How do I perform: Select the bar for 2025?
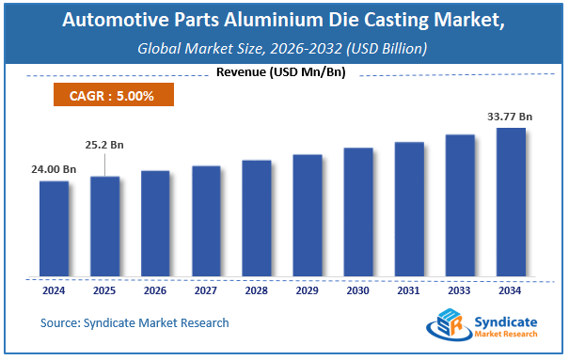click(x=104, y=227)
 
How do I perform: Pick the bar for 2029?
click(x=308, y=215)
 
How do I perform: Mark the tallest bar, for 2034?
click(x=511, y=202)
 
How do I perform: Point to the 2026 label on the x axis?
click(x=155, y=290)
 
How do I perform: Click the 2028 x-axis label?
click(x=257, y=290)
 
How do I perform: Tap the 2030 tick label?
click(x=358, y=290)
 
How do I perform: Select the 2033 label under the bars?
click(x=460, y=290)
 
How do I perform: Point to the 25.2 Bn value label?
click(x=105, y=146)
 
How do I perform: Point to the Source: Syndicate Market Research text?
click(x=134, y=323)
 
